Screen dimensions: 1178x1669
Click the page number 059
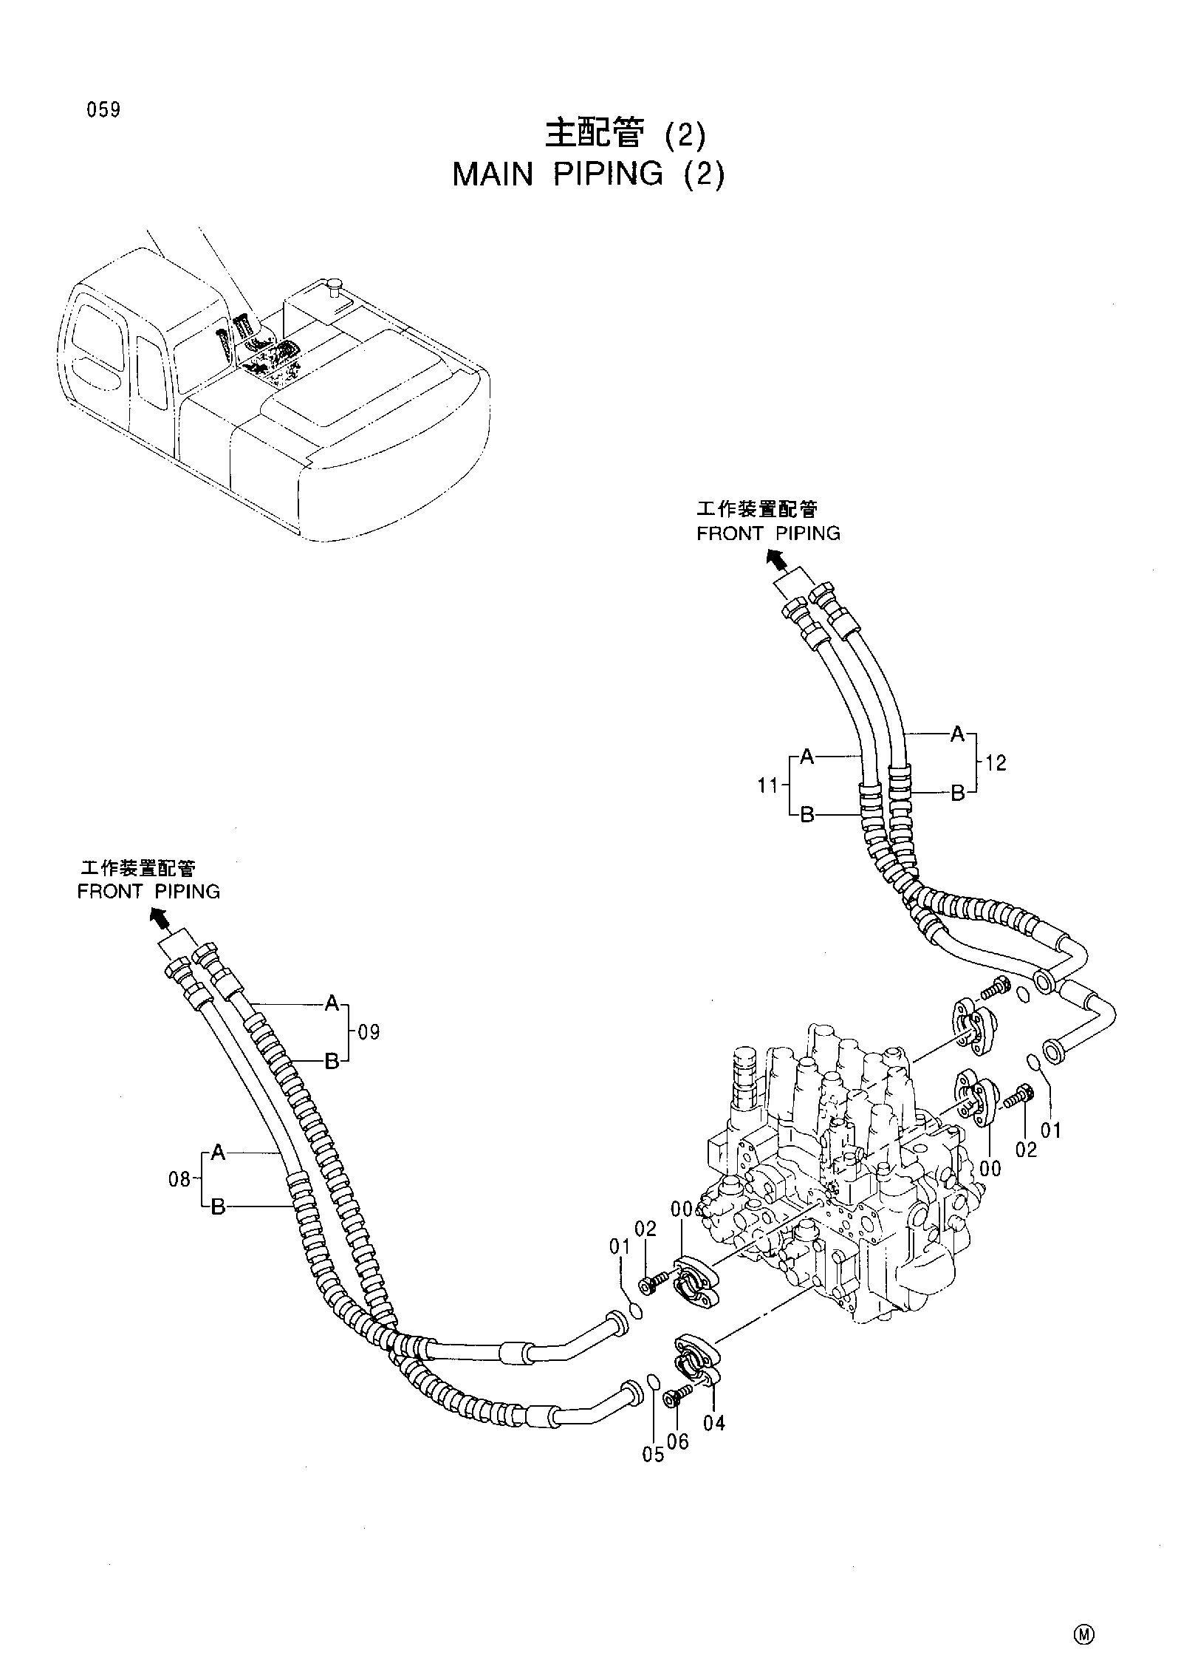pyautogui.click(x=103, y=111)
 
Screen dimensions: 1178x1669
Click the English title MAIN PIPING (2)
pyautogui.click(x=589, y=174)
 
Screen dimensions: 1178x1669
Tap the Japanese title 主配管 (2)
pyautogui.click(x=625, y=135)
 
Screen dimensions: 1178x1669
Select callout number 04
pyautogui.click(x=714, y=1422)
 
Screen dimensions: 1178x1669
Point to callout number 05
pyautogui.click(x=653, y=1455)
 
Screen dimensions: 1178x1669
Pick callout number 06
pyautogui.click(x=677, y=1441)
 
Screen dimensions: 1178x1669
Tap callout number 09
pyautogui.click(x=369, y=1032)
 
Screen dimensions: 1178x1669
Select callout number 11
pyautogui.click(x=768, y=785)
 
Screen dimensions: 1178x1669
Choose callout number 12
pyautogui.click(x=996, y=763)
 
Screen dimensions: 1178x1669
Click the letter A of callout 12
pyautogui.click(x=957, y=734)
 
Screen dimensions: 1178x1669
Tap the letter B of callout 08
pyautogui.click(x=218, y=1208)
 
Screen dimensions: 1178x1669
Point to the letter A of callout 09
pyautogui.click(x=332, y=1003)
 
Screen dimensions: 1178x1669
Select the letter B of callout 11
pyautogui.click(x=807, y=816)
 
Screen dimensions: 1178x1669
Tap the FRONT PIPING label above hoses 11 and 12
pyautogui.click(x=768, y=533)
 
